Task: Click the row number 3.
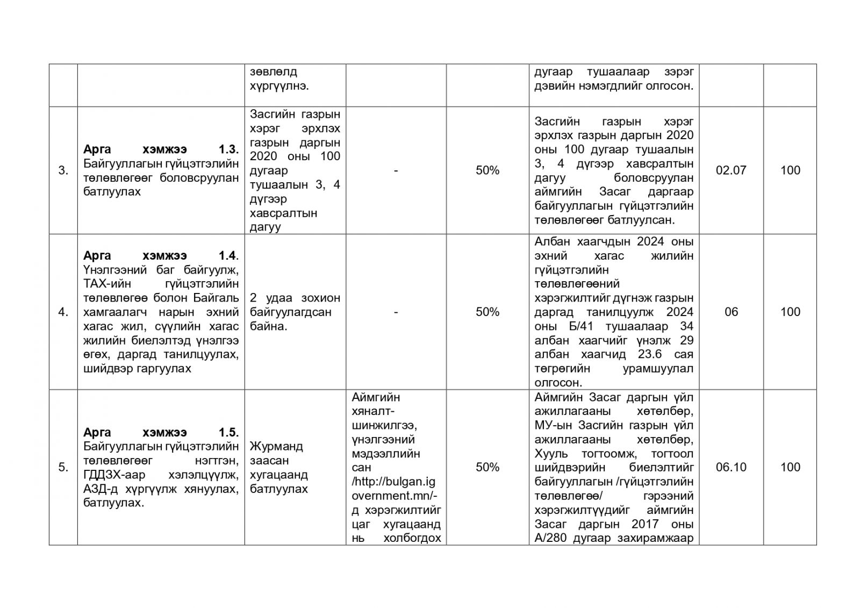(63, 170)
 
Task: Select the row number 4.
(63, 312)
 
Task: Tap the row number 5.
(63, 467)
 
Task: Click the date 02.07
(731, 170)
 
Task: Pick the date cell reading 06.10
(731, 467)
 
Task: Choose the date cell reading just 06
(731, 312)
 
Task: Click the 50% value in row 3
(488, 170)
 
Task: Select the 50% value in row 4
(488, 312)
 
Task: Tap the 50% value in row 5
(488, 467)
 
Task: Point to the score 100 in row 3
(790, 170)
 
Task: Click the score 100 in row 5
(790, 467)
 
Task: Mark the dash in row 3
(396, 170)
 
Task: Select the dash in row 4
(396, 312)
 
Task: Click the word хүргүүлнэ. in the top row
(279, 86)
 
